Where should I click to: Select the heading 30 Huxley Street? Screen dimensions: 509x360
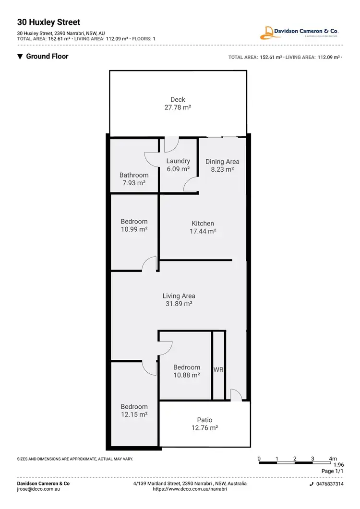[48, 22]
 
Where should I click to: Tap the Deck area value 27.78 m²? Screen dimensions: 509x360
[178, 108]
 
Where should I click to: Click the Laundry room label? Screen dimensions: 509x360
[178, 161]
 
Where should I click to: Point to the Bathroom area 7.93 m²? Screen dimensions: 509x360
[134, 183]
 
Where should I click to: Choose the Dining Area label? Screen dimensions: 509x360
[222, 162]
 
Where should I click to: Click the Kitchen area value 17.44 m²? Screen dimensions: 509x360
[203, 231]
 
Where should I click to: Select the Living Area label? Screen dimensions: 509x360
[179, 296]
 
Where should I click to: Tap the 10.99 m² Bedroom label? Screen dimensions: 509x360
[134, 222]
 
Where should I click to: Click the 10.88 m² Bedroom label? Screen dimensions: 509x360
[187, 367]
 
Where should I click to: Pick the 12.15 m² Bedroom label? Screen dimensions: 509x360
[134, 407]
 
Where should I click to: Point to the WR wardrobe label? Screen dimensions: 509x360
[219, 370]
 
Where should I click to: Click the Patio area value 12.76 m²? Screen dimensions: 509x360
[204, 428]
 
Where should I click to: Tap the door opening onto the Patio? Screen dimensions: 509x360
[236, 395]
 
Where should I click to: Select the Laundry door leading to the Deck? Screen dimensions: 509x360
[171, 143]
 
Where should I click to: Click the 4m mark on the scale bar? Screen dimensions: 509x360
[333, 458]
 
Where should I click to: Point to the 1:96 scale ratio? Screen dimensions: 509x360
[338, 465]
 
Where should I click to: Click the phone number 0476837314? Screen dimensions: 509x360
[329, 484]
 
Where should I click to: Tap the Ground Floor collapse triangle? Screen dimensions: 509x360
[20, 57]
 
